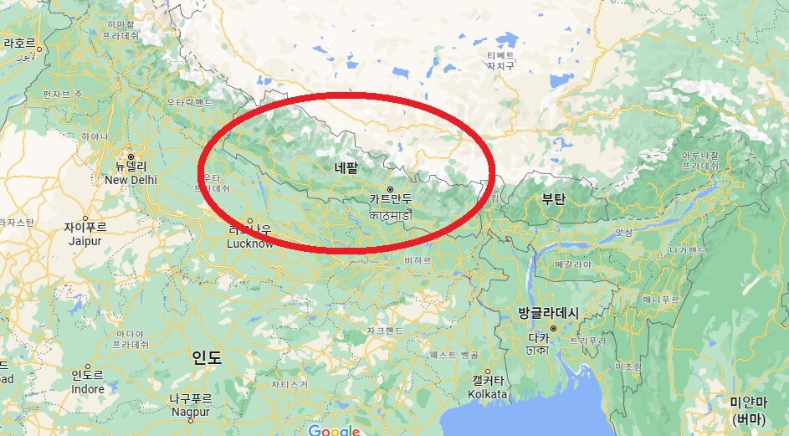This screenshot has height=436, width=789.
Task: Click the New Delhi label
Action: click(x=131, y=180)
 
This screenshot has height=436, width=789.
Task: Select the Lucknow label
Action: click(x=250, y=244)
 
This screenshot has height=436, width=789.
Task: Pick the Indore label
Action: click(x=88, y=389)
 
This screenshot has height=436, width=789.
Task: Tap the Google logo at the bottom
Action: click(x=333, y=430)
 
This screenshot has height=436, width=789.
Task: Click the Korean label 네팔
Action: click(x=346, y=167)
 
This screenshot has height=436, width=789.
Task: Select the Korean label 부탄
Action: click(x=553, y=199)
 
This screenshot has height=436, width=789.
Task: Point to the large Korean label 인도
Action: click(x=207, y=358)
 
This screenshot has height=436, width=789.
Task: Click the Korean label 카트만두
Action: click(x=390, y=199)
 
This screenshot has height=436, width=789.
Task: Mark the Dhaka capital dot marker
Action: click(x=552, y=327)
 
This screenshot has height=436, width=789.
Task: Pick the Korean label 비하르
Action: click(x=418, y=261)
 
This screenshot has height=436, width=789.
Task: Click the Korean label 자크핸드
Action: click(x=385, y=331)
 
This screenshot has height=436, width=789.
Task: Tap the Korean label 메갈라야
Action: click(x=574, y=264)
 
